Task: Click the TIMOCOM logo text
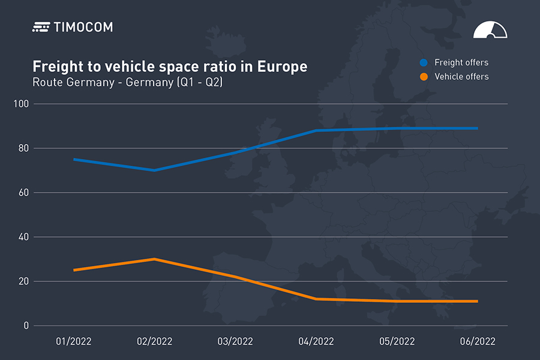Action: tap(83, 27)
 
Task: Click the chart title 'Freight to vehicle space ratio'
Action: tap(170, 67)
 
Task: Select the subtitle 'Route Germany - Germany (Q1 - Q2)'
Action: tap(127, 82)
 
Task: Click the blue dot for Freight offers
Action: tap(424, 62)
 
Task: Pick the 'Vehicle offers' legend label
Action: tap(461, 77)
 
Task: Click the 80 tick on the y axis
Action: tap(24, 148)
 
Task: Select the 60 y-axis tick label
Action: tap(24, 193)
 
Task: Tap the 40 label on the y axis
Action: tap(24, 237)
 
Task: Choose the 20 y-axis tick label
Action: tap(24, 281)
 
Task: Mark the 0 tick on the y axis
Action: tap(26, 326)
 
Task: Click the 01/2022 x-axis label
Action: tap(74, 341)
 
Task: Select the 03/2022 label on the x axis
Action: tap(235, 341)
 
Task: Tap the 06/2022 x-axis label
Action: tap(478, 341)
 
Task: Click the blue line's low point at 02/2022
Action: tap(154, 170)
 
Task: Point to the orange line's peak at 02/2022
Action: tap(154, 259)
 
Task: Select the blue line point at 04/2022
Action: tap(316, 130)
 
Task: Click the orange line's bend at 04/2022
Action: tap(316, 299)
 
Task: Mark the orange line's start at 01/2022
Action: tap(74, 270)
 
